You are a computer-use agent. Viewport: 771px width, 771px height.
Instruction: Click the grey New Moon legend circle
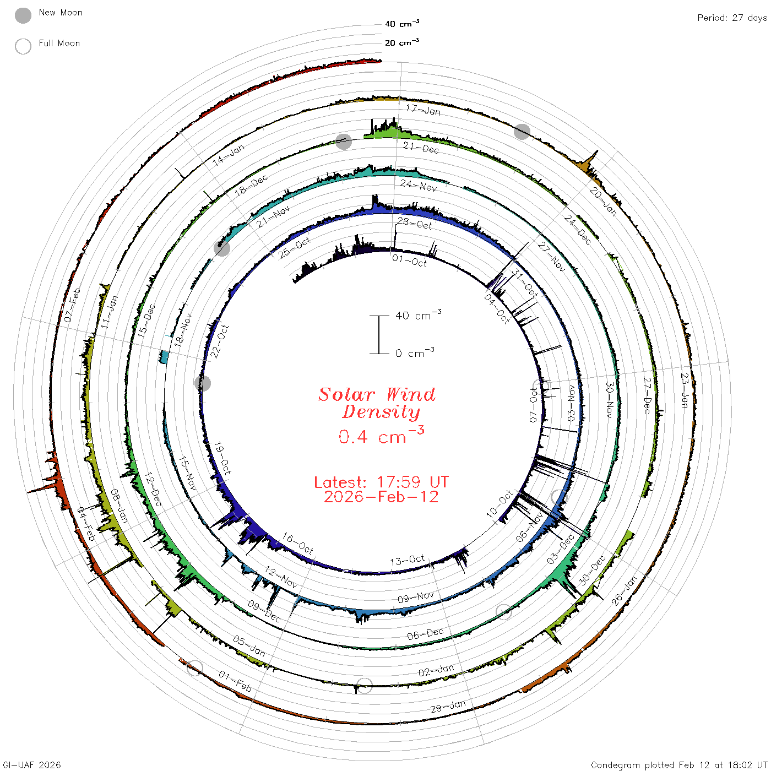[23, 15]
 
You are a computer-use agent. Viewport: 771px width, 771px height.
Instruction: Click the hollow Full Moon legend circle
[23, 46]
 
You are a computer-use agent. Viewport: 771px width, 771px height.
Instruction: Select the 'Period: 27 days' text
[732, 18]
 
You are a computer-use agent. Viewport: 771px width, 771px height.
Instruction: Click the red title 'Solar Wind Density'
[377, 403]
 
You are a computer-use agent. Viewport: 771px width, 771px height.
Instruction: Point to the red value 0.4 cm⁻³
[381, 435]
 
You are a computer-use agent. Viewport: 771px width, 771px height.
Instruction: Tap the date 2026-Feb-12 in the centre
[381, 497]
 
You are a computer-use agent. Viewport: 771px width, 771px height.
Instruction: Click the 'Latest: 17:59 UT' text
[381, 482]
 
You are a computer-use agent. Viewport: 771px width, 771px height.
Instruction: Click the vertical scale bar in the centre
[379, 334]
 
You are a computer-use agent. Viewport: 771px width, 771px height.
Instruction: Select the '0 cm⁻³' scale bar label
[415, 352]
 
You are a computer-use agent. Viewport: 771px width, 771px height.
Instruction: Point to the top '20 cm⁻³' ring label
[401, 42]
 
